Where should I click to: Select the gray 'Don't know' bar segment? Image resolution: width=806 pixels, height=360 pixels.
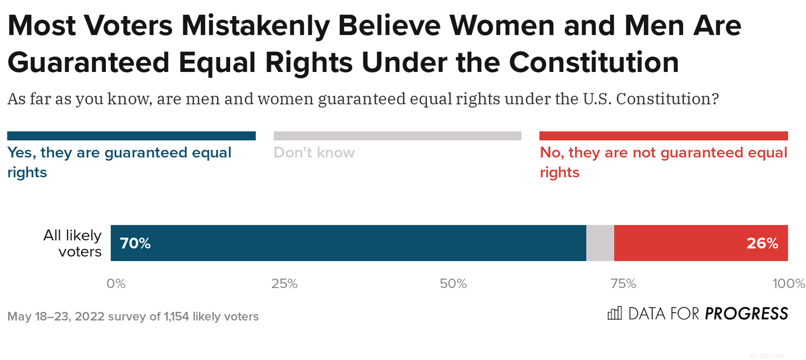click(x=600, y=243)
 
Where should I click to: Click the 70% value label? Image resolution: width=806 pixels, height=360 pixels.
click(x=135, y=243)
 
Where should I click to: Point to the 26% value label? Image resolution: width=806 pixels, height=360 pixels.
click(x=762, y=243)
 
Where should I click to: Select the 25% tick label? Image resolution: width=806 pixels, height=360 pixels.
click(x=284, y=284)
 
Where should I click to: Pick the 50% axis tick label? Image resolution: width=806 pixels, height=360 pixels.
click(x=453, y=284)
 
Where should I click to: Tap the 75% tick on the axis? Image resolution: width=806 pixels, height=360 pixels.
click(x=622, y=284)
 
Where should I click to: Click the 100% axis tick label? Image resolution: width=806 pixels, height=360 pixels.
click(x=787, y=284)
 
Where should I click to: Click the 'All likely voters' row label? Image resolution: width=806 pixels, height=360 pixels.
click(x=73, y=243)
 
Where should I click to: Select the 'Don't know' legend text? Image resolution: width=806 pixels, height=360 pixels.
click(x=314, y=153)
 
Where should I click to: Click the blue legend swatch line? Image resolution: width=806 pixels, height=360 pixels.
click(x=131, y=136)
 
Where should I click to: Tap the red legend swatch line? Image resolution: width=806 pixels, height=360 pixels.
click(x=663, y=136)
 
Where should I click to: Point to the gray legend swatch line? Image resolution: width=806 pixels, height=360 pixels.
click(x=397, y=136)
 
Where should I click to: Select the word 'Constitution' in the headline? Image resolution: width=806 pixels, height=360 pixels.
click(x=594, y=62)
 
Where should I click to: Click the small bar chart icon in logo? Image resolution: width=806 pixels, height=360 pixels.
click(x=614, y=313)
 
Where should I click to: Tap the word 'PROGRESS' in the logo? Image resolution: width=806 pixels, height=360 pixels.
click(x=746, y=313)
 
